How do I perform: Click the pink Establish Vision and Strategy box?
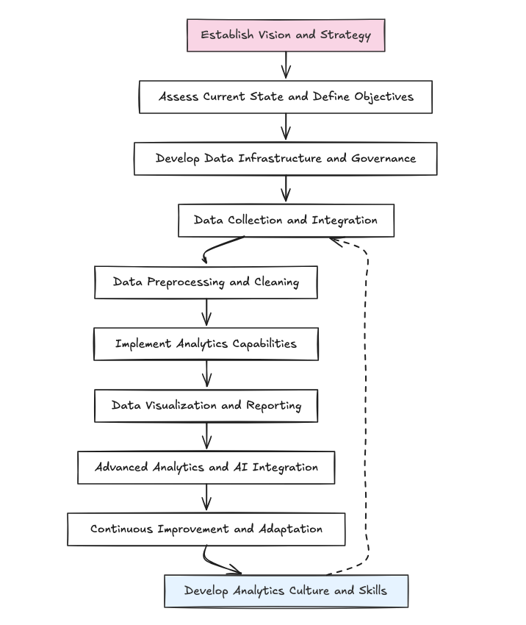coord(286,35)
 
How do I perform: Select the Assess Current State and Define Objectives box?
coord(286,97)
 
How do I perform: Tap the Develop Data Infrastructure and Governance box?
coord(286,159)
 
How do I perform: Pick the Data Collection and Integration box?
coord(286,221)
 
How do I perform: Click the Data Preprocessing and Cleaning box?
coord(206,282)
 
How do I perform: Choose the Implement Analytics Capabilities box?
coord(206,344)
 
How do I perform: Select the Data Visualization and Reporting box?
coord(206,406)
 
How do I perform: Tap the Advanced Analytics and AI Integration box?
coord(206,468)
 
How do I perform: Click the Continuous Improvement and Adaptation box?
coord(206,529)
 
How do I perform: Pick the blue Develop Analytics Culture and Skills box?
coord(286,591)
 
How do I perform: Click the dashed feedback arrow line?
coord(367,404)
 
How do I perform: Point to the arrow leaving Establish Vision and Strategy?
coord(286,65)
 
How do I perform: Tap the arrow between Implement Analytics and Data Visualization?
coord(206,374)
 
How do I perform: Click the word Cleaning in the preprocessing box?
coord(277,282)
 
